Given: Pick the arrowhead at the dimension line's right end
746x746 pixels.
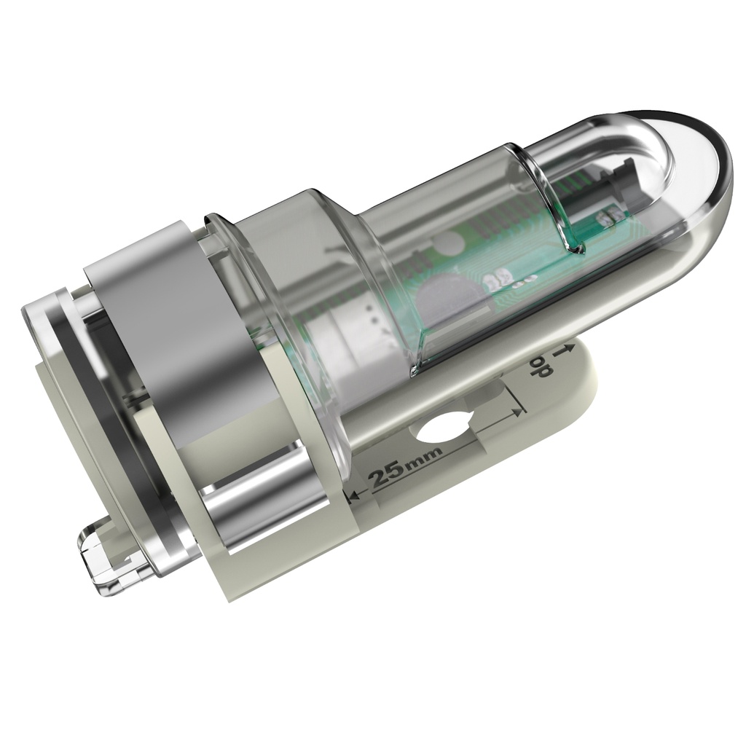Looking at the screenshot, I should coord(519,412).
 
